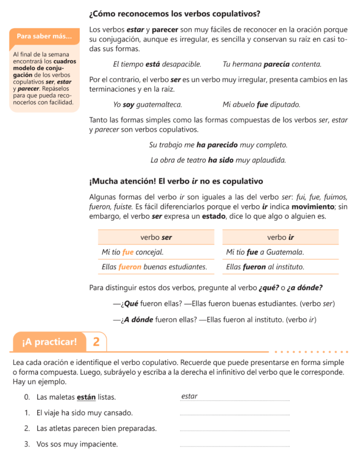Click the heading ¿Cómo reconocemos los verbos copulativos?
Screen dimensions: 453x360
click(x=174, y=14)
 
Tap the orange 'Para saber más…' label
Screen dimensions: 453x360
click(x=44, y=36)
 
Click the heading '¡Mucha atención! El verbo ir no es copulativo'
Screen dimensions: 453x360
click(x=176, y=181)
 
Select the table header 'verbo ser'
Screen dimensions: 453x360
click(x=156, y=237)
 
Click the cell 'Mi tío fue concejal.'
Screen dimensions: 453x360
click(x=132, y=252)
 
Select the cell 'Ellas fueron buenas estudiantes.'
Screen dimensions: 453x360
click(x=154, y=267)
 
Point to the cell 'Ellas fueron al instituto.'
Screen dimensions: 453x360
click(x=265, y=267)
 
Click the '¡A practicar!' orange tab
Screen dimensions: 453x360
click(x=49, y=342)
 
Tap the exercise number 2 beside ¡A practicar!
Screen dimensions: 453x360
click(x=97, y=342)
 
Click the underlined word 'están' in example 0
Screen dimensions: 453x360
click(x=86, y=397)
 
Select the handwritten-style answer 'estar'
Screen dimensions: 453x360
click(x=190, y=396)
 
